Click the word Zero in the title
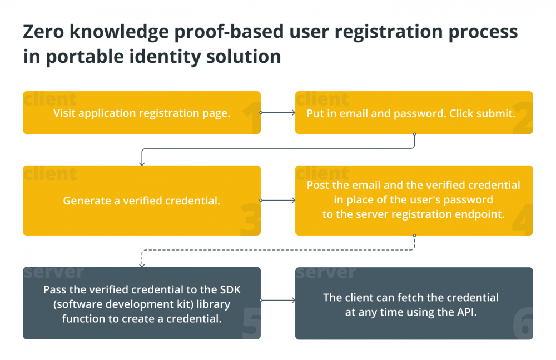pyautogui.click(x=43, y=32)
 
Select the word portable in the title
pyautogui.click(x=85, y=57)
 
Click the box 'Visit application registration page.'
pyautogui.click(x=142, y=113)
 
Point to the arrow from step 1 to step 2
pyautogui.click(x=277, y=113)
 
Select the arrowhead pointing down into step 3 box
pyautogui.click(x=142, y=163)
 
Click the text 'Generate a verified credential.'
pyautogui.click(x=142, y=201)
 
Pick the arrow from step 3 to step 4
pyautogui.click(x=277, y=200)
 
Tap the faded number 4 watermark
pyautogui.click(x=523, y=219)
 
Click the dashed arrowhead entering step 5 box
pyautogui.click(x=142, y=264)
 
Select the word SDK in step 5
pyautogui.click(x=230, y=289)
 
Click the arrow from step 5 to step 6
pyautogui.click(x=277, y=300)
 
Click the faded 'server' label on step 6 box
pyautogui.click(x=326, y=272)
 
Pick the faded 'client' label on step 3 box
pyautogui.click(x=51, y=173)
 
